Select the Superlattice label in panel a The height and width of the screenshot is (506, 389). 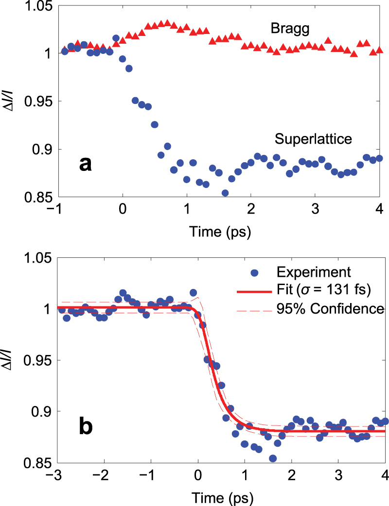[x=313, y=139]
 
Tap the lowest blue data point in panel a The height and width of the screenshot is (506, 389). [x=225, y=193]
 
